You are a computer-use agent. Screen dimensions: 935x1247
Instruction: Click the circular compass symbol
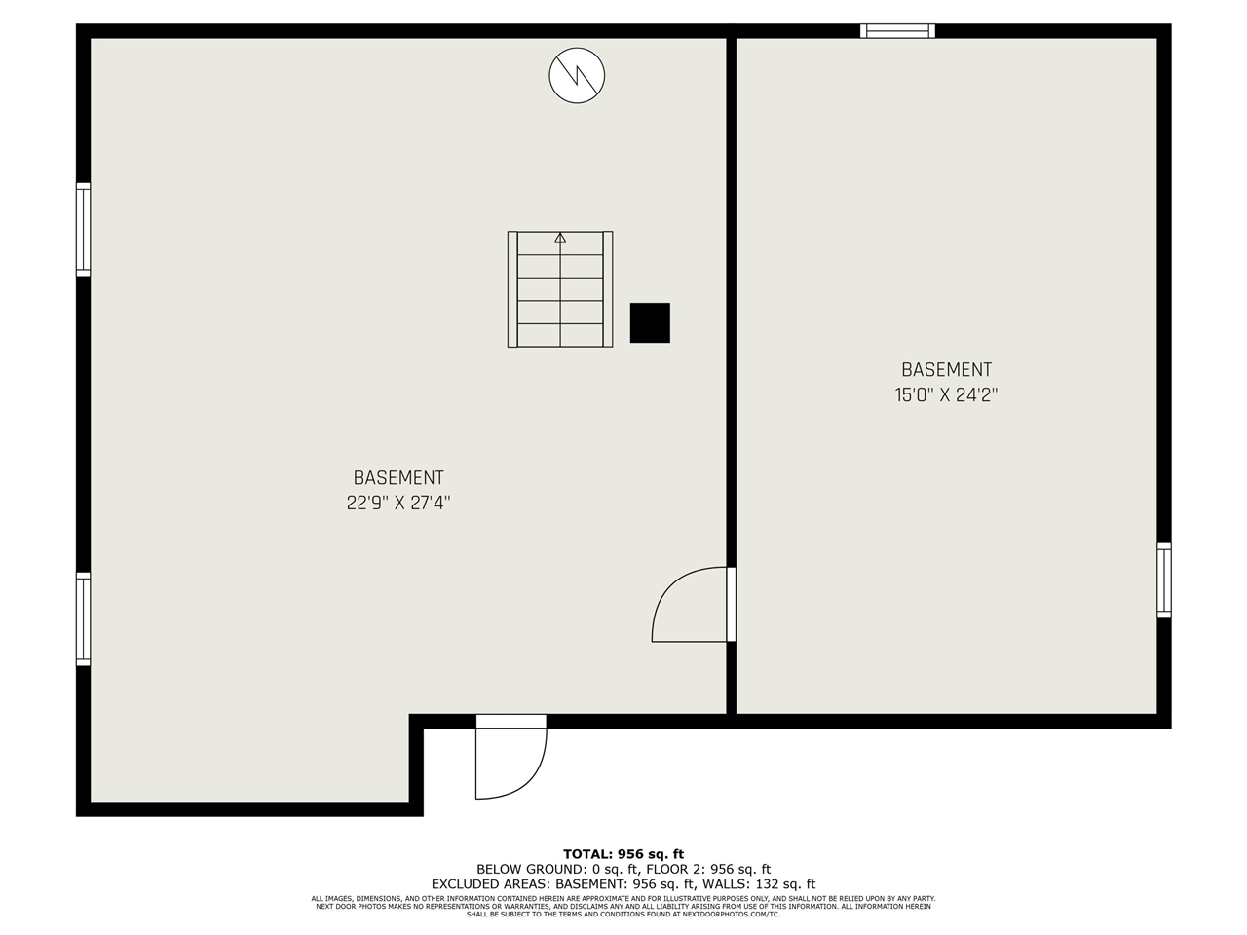click(x=577, y=75)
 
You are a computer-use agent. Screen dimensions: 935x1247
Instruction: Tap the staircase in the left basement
click(x=560, y=289)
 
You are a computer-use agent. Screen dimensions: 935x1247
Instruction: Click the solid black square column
click(x=650, y=322)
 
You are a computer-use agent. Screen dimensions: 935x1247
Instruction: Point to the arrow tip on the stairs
click(x=560, y=237)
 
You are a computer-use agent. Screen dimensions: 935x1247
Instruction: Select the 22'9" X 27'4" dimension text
click(x=398, y=504)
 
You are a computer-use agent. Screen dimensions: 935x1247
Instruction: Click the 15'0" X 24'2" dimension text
click(x=946, y=395)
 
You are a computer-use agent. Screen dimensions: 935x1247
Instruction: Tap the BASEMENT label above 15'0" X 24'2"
click(x=946, y=370)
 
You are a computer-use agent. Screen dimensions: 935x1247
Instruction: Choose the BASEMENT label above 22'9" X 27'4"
click(x=398, y=478)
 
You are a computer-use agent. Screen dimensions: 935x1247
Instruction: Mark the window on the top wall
click(x=897, y=31)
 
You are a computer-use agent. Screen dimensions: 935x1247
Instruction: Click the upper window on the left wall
click(x=84, y=230)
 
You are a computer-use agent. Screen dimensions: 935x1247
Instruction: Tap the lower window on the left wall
click(x=84, y=619)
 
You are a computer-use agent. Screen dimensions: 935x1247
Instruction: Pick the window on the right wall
click(x=1164, y=580)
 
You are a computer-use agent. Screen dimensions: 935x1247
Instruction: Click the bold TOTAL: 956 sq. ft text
click(x=623, y=854)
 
